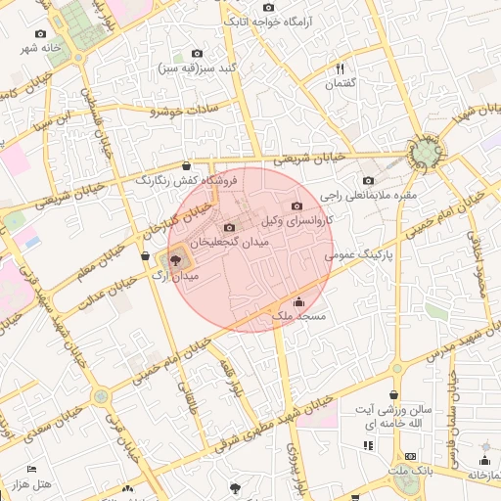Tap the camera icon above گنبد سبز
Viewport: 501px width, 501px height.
pyautogui.click(x=197, y=53)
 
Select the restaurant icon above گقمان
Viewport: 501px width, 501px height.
pyautogui.click(x=341, y=68)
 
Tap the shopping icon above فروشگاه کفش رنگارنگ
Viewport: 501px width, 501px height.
pyautogui.click(x=187, y=165)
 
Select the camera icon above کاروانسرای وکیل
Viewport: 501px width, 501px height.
pyautogui.click(x=297, y=205)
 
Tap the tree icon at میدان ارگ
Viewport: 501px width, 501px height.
pyautogui.click(x=175, y=260)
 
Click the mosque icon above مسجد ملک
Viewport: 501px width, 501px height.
pyautogui.click(x=298, y=301)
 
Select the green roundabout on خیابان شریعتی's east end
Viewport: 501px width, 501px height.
pyautogui.click(x=426, y=154)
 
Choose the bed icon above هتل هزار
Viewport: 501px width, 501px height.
pyautogui.click(x=32, y=470)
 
